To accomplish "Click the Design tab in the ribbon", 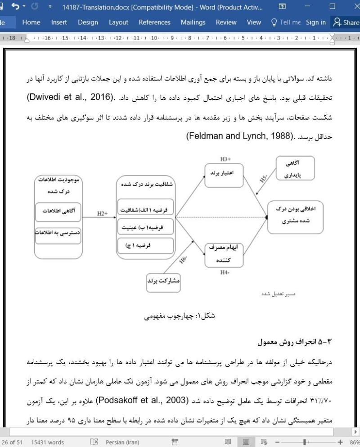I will (88, 22).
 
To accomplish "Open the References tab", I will (154, 22).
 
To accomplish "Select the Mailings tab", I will (193, 22).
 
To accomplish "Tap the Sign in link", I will (315, 22).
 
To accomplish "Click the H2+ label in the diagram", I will (102, 213).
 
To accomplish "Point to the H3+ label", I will (225, 159).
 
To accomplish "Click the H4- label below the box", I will (225, 272).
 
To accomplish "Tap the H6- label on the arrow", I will (184, 259).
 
